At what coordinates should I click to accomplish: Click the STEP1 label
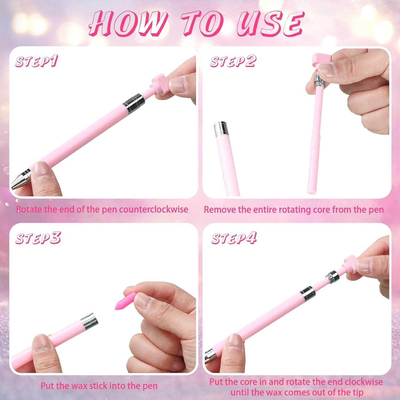click(36, 62)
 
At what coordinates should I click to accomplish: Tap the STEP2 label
click(233, 62)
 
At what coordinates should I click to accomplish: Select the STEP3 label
click(38, 238)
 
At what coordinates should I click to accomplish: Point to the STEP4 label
click(234, 238)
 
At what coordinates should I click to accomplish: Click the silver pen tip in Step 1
click(21, 179)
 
